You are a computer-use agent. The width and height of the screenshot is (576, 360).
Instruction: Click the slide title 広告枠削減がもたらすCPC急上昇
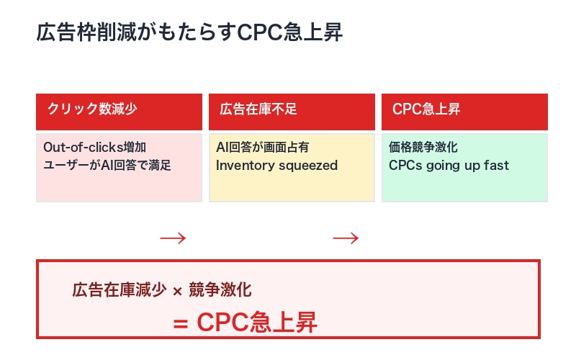click(x=189, y=33)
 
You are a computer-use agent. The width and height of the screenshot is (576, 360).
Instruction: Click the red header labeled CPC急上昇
click(x=426, y=109)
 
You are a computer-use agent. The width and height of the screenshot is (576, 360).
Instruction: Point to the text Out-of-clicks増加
click(x=94, y=148)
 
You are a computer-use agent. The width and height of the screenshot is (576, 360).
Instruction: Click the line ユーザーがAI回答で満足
click(x=107, y=166)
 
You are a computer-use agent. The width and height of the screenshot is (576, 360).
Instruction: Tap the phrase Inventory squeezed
click(x=276, y=166)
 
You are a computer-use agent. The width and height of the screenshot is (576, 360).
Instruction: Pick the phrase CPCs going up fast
click(x=449, y=166)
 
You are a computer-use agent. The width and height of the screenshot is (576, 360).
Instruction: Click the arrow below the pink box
click(x=173, y=238)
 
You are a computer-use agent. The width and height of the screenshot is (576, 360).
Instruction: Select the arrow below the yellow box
click(x=346, y=238)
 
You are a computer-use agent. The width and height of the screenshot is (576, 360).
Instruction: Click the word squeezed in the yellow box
click(x=309, y=166)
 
